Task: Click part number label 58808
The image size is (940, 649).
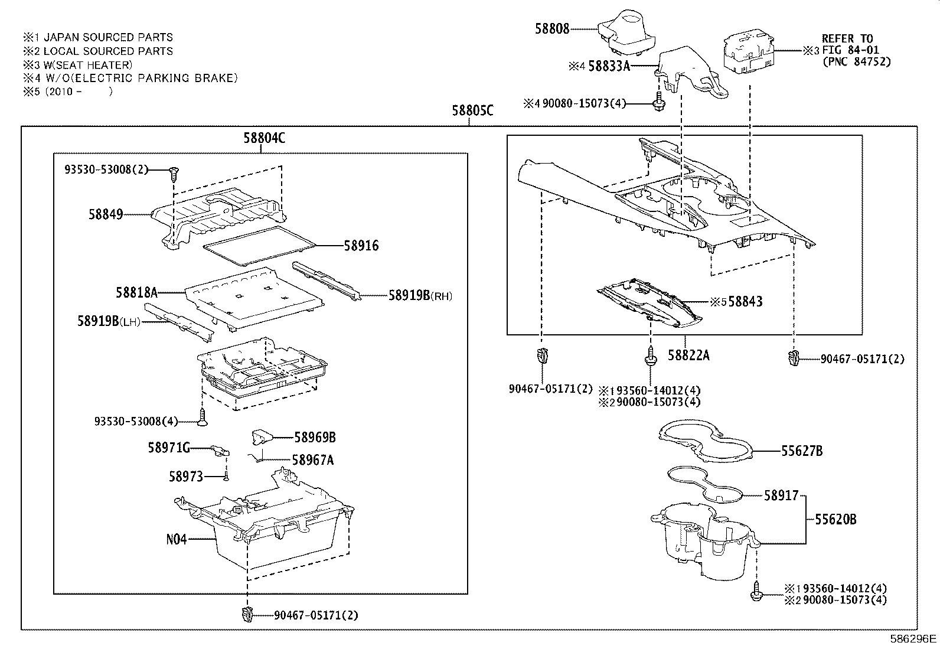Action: [552, 28]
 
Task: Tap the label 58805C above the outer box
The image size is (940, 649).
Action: [472, 110]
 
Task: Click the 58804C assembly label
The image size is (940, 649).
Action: [264, 138]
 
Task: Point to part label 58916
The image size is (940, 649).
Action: [361, 246]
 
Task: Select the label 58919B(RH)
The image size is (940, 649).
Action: [420, 295]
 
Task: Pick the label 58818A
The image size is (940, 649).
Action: [137, 292]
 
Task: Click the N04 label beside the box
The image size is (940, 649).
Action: [176, 539]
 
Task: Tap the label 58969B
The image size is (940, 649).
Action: [315, 437]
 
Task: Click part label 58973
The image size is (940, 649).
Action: [186, 476]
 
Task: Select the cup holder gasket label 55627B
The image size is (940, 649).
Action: [802, 451]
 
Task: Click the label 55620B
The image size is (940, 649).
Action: [835, 520]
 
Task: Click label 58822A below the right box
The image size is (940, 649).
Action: [688, 355]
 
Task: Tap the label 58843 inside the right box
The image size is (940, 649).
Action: [745, 302]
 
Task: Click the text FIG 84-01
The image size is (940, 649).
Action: [850, 50]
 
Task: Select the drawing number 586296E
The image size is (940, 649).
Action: [913, 638]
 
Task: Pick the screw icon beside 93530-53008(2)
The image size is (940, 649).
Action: [174, 173]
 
